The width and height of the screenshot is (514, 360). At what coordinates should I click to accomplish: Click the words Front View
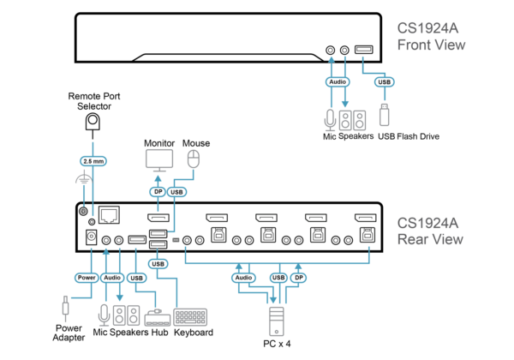(431, 45)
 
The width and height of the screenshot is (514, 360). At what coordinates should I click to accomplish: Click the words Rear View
(430, 240)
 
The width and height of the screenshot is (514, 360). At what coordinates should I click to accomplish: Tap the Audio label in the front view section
(338, 82)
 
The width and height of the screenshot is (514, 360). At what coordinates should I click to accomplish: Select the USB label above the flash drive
(385, 82)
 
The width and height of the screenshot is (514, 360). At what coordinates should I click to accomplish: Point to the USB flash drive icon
(384, 115)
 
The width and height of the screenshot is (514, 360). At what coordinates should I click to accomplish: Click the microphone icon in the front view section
(331, 119)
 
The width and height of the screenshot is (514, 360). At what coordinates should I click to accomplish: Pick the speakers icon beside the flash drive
(352, 120)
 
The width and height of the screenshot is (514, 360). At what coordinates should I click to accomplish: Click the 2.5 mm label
(93, 160)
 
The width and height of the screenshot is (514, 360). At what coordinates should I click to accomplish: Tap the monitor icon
(159, 160)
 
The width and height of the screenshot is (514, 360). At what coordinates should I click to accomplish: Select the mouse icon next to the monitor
(194, 159)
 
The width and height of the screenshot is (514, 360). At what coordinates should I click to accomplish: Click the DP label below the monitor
(158, 192)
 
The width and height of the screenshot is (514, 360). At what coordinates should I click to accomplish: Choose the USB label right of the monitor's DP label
(177, 192)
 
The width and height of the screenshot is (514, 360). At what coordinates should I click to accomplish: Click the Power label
(87, 278)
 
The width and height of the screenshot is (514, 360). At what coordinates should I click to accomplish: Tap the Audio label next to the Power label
(112, 278)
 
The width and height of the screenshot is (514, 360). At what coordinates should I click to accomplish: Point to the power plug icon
(65, 308)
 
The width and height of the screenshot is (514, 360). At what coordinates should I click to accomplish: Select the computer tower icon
(276, 321)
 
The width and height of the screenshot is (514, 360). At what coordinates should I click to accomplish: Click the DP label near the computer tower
(298, 278)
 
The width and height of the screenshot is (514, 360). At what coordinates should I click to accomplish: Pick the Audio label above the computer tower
(243, 278)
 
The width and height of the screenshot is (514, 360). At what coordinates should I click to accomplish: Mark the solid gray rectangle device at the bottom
(190, 316)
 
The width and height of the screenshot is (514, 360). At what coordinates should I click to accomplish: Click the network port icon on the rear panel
(109, 215)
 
